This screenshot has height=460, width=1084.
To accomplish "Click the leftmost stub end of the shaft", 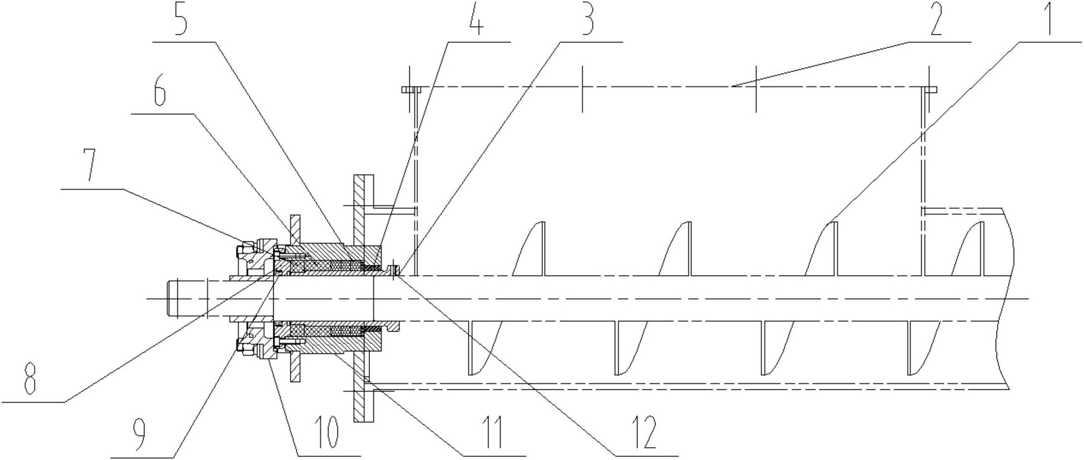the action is coord(172,299).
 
